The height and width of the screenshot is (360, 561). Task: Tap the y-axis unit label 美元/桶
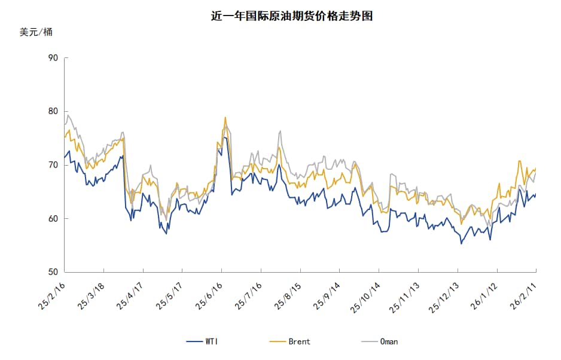coord(36,32)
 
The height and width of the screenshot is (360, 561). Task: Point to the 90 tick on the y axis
coord(53,58)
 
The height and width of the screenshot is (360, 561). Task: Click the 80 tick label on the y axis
coord(53,111)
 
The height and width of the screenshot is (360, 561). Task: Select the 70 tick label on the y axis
coord(53,165)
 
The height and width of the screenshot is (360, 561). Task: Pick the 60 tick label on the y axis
coord(53,219)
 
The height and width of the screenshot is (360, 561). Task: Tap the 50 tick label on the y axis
coord(53,273)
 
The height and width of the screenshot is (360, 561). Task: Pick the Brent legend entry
coord(290,341)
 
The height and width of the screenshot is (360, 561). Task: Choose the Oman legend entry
coord(379,341)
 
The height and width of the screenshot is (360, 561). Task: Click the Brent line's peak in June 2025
coord(225,117)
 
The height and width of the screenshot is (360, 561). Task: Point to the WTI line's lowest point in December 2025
coord(461,243)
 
